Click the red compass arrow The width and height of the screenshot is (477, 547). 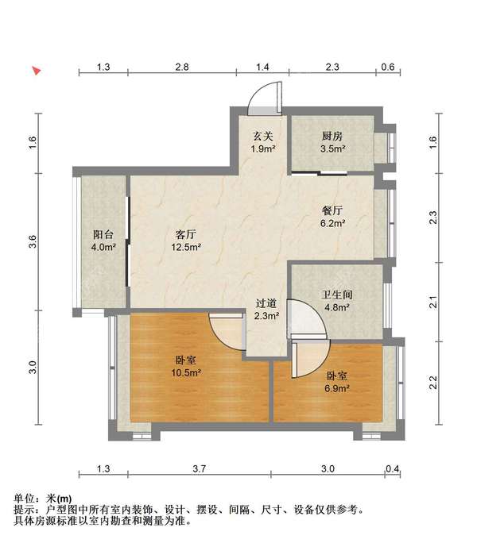pos(37,71)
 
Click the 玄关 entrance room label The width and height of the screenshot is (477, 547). pos(263,136)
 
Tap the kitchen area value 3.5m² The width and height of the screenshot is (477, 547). pos(333,149)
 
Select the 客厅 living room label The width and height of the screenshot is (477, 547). pos(185,234)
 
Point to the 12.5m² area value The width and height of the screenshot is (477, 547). pos(186,248)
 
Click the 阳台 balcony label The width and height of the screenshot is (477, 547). pos(103,234)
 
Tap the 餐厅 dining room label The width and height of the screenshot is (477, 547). pos(332,210)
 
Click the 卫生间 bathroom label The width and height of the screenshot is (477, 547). pos(337,295)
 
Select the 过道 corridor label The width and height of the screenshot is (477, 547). pos(266,303)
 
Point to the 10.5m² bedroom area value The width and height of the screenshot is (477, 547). pos(186,373)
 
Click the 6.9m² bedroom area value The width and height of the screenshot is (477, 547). pos(337,388)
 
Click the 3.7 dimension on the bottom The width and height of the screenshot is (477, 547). pos(200,468)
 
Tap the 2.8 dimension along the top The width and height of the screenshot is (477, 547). pos(182,67)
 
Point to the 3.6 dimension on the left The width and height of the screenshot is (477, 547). pos(32,241)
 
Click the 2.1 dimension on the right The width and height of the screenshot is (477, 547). pos(433,302)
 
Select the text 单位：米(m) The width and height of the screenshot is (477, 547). pos(42,499)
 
